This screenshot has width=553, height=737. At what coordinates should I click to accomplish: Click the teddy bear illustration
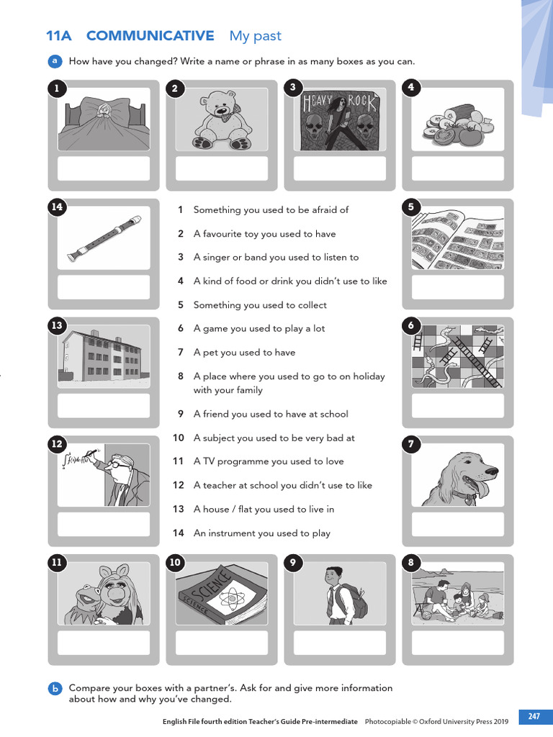[x=221, y=119]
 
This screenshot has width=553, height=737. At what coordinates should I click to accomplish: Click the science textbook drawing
[x=221, y=593]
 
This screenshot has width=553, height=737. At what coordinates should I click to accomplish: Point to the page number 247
[x=534, y=716]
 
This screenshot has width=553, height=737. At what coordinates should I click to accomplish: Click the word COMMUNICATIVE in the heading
[x=150, y=36]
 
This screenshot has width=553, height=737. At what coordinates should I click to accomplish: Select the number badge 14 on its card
[x=57, y=207]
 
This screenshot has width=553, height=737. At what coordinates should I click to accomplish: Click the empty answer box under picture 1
[x=103, y=168]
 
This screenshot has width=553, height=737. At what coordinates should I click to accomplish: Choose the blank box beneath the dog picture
[x=457, y=524]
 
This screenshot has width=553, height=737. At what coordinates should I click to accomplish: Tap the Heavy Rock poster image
[x=339, y=119]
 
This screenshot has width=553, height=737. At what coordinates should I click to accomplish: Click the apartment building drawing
[x=103, y=356]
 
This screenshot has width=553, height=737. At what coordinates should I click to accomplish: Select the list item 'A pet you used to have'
[x=244, y=353]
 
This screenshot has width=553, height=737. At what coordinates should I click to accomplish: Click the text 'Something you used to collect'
[x=260, y=305]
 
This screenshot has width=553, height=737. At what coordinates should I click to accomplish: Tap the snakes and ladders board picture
[x=457, y=356]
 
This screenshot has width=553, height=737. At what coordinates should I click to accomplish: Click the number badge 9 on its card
[x=293, y=564]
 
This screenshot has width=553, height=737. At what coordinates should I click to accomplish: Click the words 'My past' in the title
[x=255, y=36]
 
